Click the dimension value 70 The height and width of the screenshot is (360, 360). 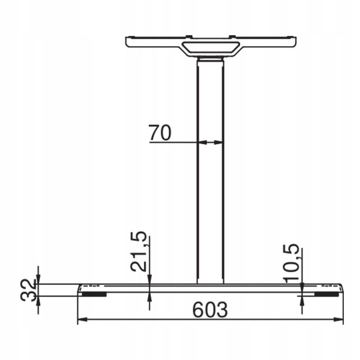pyautogui.click(x=160, y=132)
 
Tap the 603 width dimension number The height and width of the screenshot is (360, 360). pyautogui.click(x=210, y=310)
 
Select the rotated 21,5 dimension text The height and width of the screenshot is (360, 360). pyautogui.click(x=139, y=252)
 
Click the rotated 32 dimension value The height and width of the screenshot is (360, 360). pyautogui.click(x=28, y=290)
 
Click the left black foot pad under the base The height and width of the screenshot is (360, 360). pyautogui.click(x=94, y=294)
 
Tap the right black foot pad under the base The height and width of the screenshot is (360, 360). pyautogui.click(x=327, y=294)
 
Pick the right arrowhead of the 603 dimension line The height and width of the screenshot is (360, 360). pyautogui.click(x=338, y=319)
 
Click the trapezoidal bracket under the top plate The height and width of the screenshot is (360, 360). pyautogui.click(x=211, y=49)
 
